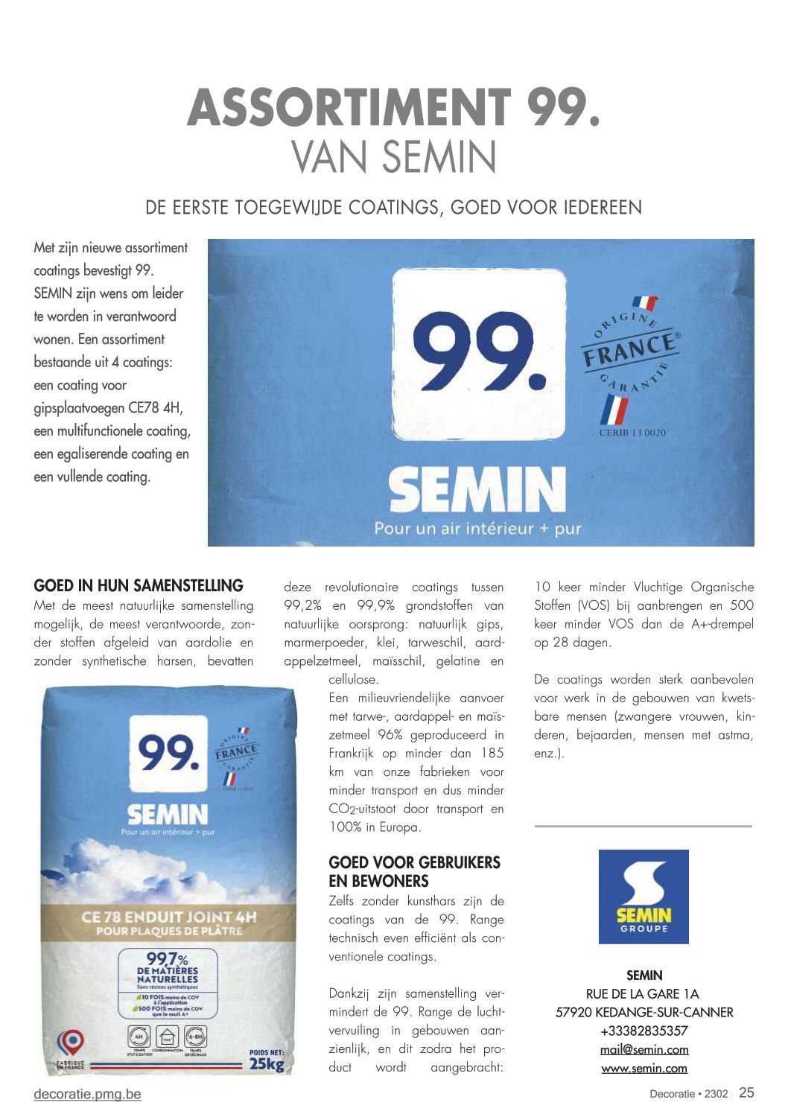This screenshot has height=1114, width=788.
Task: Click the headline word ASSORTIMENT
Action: [349, 107]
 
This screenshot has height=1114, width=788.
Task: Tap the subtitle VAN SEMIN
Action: [393, 157]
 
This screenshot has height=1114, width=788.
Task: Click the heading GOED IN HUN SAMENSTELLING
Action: [139, 586]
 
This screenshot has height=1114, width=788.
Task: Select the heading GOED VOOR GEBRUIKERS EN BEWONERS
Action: [414, 872]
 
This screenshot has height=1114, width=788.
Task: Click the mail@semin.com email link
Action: [644, 1049]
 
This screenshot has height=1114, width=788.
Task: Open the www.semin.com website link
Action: [644, 1068]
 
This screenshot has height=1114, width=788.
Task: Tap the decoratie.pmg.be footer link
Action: [87, 1094]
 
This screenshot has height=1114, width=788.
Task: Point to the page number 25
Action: [746, 1092]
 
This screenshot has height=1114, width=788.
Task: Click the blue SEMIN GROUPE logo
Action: [644, 897]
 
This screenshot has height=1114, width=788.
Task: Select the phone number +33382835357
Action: [644, 1031]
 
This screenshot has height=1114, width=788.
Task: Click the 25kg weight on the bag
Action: [266, 1063]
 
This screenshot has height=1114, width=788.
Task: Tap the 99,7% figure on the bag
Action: [167, 959]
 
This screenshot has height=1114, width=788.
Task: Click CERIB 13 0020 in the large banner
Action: [632, 433]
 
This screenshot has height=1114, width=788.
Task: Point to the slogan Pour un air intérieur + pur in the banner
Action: [477, 529]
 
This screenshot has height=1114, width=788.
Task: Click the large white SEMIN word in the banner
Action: [477, 490]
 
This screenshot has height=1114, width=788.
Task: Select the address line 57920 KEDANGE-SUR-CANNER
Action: [644, 1012]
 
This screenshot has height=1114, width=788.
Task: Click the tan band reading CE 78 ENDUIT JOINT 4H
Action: [169, 923]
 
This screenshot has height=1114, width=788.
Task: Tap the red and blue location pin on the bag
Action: [72, 1042]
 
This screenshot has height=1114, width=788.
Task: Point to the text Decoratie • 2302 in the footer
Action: [688, 1094]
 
